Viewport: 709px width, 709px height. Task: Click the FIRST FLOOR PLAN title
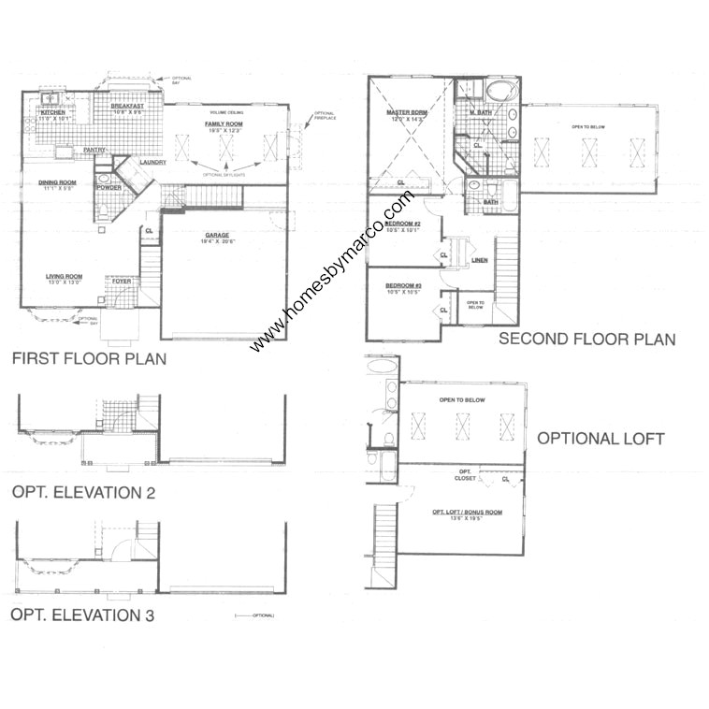[x=88, y=357]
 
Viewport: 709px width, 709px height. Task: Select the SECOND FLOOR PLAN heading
[x=586, y=339]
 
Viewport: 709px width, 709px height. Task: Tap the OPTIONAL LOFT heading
[x=600, y=439]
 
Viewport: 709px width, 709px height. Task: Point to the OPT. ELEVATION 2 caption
[x=82, y=492]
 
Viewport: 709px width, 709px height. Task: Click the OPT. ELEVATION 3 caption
[x=82, y=615]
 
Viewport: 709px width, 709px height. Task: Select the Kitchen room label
[x=53, y=111]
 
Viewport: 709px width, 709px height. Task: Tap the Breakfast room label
[x=126, y=107]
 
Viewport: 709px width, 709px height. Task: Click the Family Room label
[x=224, y=123]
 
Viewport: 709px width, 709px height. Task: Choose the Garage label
[x=216, y=236]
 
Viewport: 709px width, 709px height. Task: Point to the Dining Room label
[x=57, y=183]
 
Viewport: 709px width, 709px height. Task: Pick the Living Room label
[x=65, y=276]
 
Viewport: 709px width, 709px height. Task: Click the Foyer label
[x=123, y=281]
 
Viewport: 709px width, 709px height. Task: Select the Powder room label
[x=109, y=187]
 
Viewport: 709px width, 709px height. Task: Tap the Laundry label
[x=152, y=163]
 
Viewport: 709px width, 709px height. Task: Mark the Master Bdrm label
[x=406, y=113]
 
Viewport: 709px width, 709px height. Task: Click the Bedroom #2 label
[x=404, y=224]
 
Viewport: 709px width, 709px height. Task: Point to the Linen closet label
[x=479, y=259]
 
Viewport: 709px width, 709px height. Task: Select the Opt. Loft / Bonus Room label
[x=466, y=512]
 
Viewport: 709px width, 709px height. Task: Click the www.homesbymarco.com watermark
[x=332, y=271]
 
